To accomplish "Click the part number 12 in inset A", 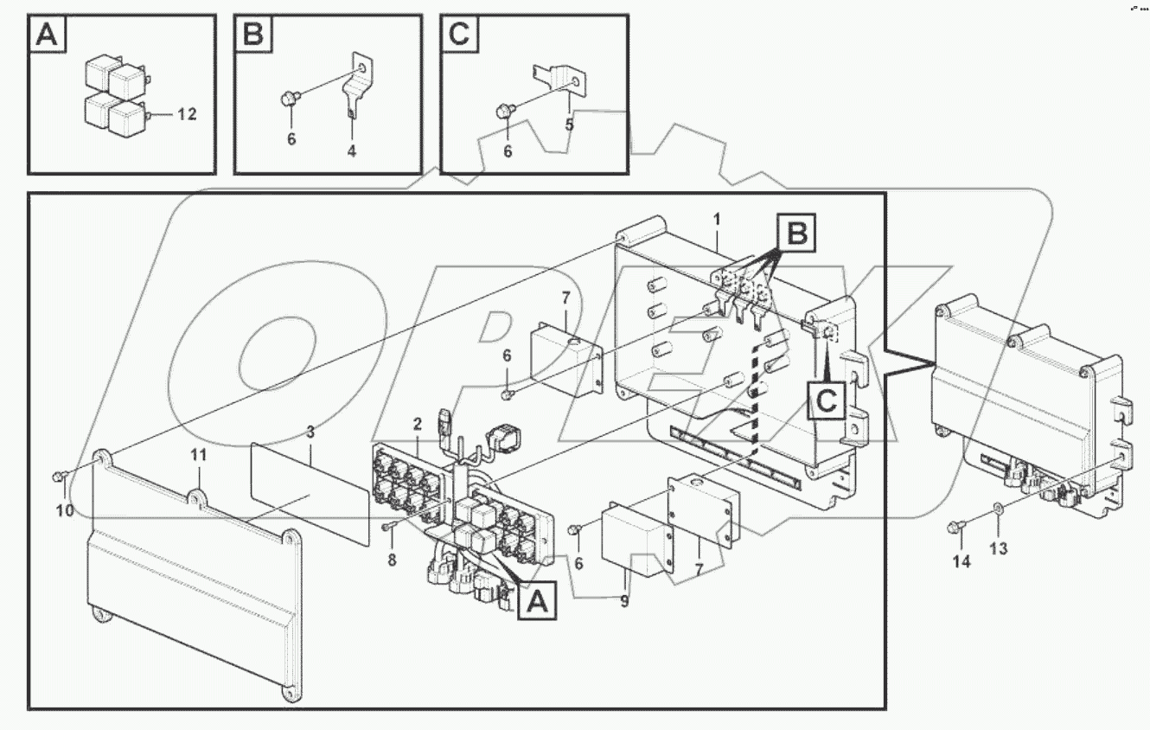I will (188, 114).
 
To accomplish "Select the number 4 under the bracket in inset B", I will (351, 150).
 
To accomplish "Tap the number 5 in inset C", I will (569, 125).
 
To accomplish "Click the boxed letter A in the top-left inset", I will (48, 35).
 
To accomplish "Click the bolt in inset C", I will (502, 111).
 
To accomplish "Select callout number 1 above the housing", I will (717, 221).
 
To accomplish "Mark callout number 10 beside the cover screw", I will (65, 510).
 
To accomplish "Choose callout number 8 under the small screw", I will (392, 560).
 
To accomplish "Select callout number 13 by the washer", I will (999, 548).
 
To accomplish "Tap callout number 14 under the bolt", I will (962, 562).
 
